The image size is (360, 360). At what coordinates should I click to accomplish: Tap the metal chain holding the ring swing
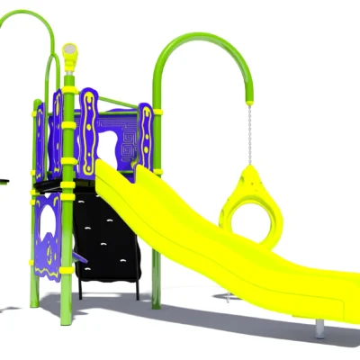point(247,135)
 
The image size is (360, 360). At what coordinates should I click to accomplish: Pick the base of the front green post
point(65,319)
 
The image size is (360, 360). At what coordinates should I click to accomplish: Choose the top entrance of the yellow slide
point(108,171)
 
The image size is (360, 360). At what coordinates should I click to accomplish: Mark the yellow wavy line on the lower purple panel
point(54,220)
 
